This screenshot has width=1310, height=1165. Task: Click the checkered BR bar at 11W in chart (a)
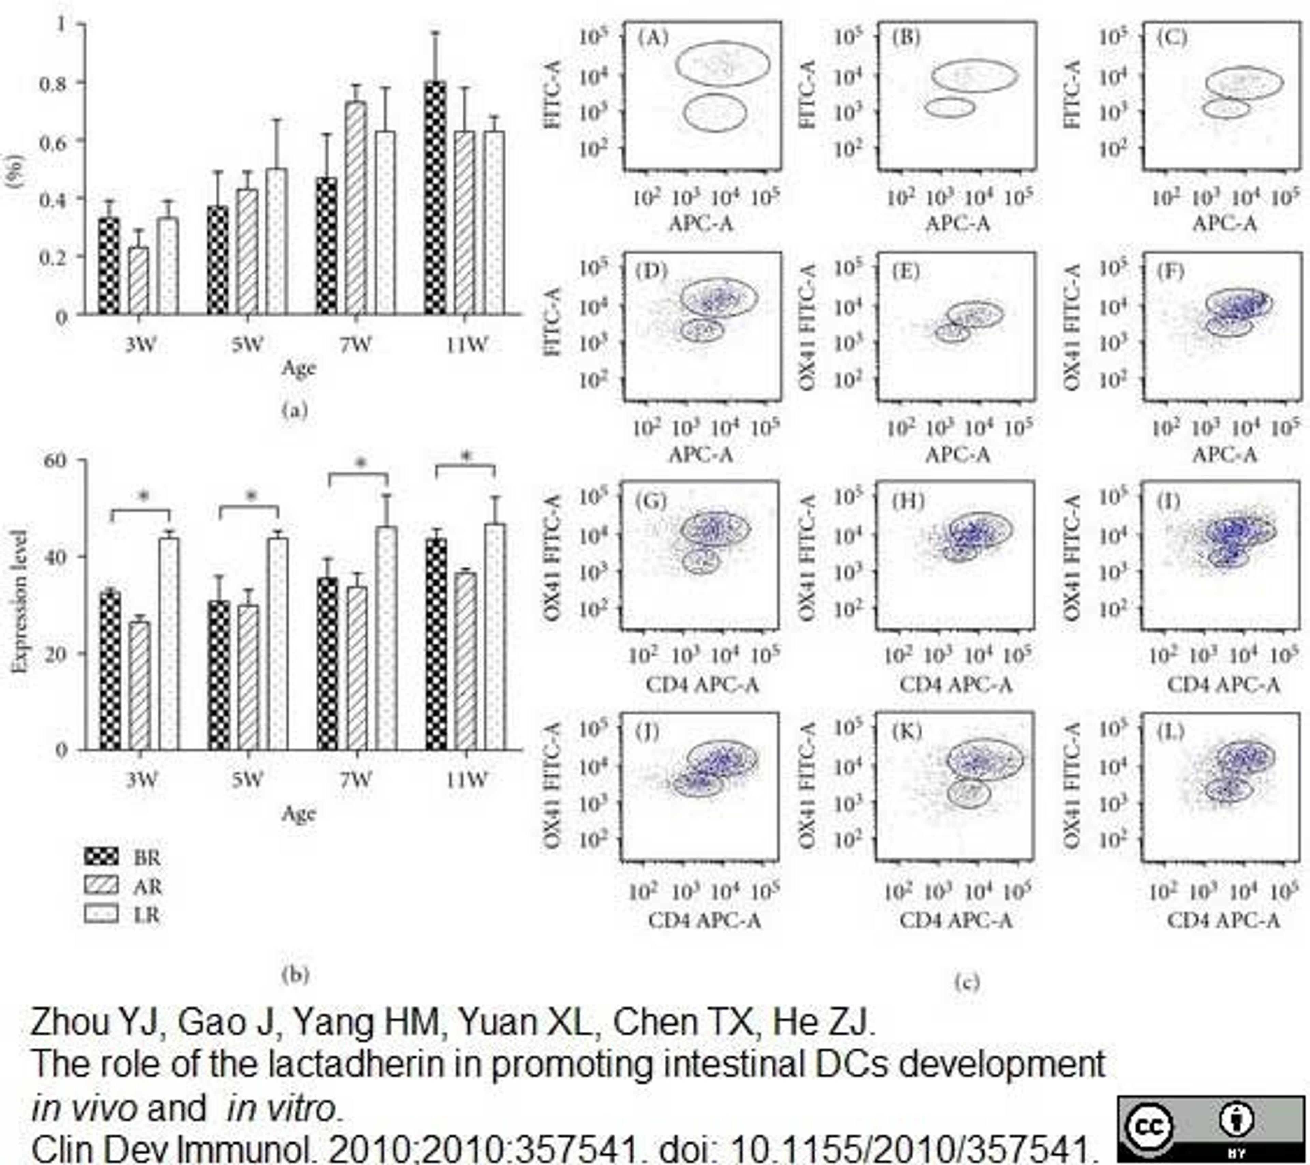(x=435, y=198)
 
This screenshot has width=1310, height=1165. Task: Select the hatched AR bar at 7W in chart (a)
(x=356, y=208)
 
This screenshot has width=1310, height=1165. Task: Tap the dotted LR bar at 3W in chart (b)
(x=169, y=644)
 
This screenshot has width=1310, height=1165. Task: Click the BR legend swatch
(x=101, y=856)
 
